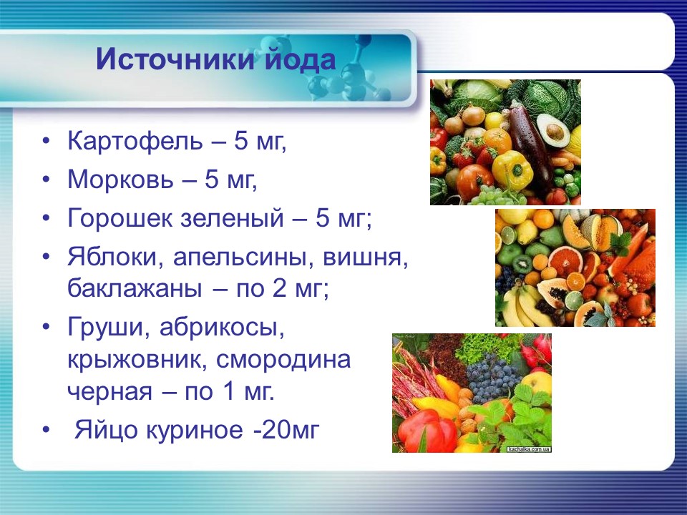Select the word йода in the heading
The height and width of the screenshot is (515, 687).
[x=296, y=59]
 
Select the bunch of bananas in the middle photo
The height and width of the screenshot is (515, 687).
[x=522, y=304]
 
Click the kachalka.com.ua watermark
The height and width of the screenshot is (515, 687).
[x=528, y=449]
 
